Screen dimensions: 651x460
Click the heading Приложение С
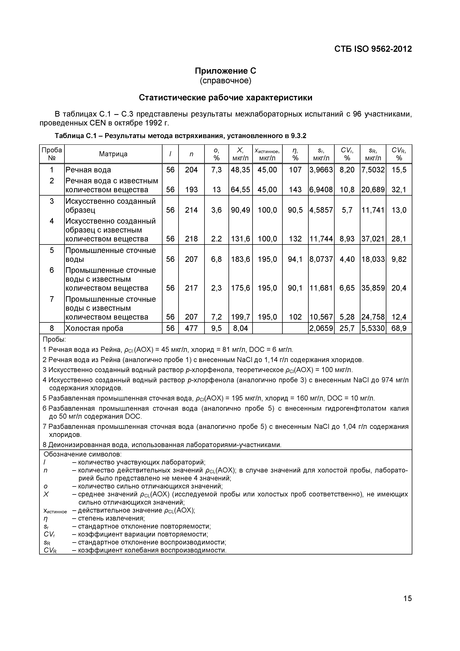(x=225, y=71)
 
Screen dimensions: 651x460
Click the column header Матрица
(x=113, y=154)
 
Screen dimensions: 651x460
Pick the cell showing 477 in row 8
(x=191, y=328)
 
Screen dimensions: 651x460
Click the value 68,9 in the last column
(x=399, y=328)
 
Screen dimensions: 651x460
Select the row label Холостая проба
(x=94, y=328)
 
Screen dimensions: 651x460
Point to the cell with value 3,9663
(x=321, y=170)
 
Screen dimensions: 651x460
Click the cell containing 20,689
(x=373, y=190)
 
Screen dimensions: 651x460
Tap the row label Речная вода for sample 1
(x=88, y=170)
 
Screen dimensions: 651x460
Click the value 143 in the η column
(x=295, y=190)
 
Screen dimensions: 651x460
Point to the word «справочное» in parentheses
(x=225, y=81)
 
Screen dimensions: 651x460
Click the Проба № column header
(x=52, y=154)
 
